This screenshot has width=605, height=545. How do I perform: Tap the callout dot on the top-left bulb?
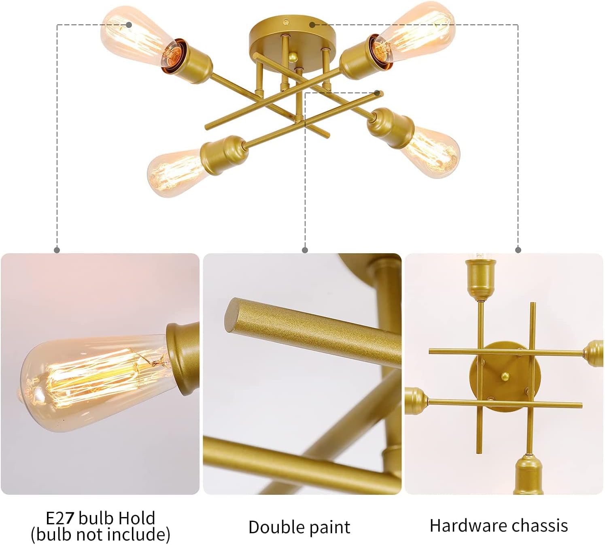click(x=129, y=24)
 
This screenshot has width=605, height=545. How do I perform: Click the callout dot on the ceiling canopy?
click(x=312, y=24)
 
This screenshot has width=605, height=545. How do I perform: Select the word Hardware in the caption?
click(x=464, y=526)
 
